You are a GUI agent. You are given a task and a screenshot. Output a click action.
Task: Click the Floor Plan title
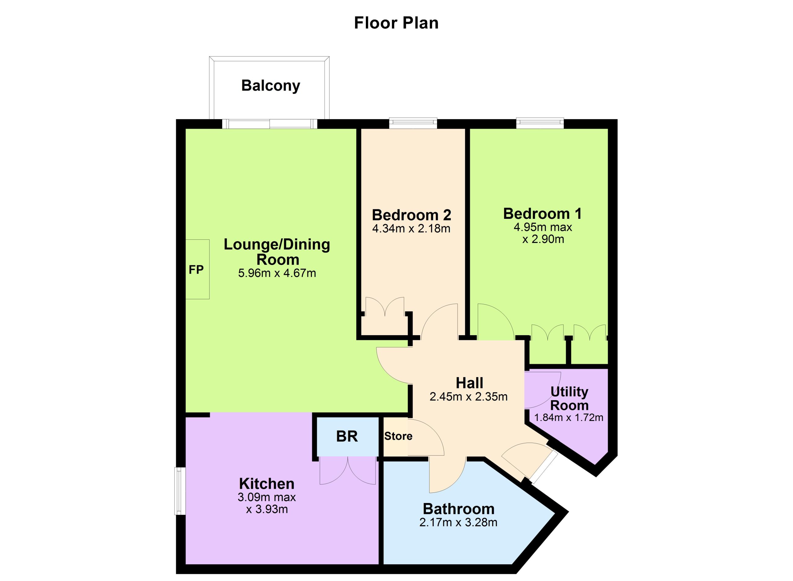(x=396, y=23)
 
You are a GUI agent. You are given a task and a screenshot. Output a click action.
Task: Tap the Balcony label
(x=270, y=85)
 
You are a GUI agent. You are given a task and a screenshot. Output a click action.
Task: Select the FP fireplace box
(x=197, y=269)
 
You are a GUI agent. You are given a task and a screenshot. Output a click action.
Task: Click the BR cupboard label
(x=347, y=436)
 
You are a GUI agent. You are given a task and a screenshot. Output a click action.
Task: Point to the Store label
(x=398, y=436)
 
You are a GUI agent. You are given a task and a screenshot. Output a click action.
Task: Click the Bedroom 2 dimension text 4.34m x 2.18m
(x=411, y=229)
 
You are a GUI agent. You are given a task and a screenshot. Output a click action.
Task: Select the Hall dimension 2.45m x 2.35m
(x=468, y=397)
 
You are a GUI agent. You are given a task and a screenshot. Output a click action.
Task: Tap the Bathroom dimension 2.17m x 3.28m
(x=458, y=522)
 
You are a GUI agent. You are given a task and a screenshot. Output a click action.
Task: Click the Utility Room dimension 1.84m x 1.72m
(x=568, y=418)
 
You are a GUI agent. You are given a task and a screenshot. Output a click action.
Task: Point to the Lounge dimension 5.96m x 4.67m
(x=277, y=273)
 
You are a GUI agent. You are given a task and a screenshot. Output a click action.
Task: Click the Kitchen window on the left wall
(x=181, y=491)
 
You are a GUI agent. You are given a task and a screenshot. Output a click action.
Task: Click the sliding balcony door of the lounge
(x=269, y=124)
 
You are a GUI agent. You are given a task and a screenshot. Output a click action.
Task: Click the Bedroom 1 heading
(x=542, y=214)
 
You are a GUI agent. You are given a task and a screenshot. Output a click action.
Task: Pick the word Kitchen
(x=266, y=484)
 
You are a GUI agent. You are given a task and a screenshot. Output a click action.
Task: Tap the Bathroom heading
(x=459, y=509)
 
